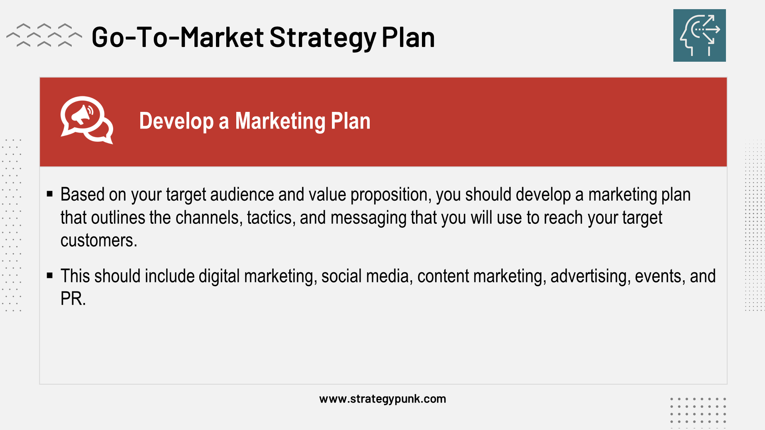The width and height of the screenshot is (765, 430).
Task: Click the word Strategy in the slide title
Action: [323, 37]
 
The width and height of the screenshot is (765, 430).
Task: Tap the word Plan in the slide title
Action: [408, 37]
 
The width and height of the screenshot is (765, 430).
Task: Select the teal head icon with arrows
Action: [699, 35]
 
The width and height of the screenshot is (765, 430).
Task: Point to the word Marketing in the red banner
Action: [280, 121]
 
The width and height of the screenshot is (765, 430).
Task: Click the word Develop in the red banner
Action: [176, 121]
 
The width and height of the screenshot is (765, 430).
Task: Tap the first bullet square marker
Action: [50, 194]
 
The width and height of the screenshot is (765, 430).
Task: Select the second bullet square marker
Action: [50, 276]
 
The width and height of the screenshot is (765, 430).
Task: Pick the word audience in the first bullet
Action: [242, 195]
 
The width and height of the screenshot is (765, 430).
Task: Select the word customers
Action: [98, 241]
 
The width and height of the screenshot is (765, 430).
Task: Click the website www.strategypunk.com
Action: [382, 399]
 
